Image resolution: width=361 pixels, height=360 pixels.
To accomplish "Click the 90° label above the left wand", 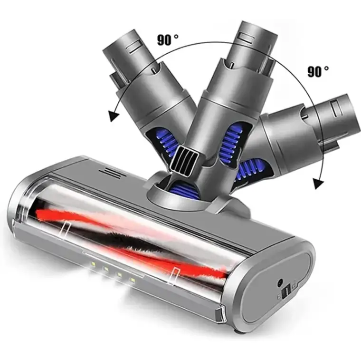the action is pyautogui.click(x=167, y=39).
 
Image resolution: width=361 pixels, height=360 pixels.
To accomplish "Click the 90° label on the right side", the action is pyautogui.click(x=318, y=71).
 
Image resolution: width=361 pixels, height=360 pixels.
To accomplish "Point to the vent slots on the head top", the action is pyautogui.click(x=110, y=174).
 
